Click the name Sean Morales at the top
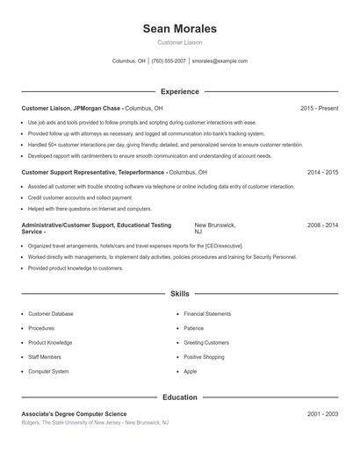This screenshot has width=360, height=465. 179,29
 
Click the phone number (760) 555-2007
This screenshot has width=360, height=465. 169,61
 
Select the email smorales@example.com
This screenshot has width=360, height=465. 220,61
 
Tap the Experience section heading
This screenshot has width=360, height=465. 179,91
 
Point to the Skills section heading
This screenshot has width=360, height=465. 179,294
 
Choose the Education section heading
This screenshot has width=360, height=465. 179,397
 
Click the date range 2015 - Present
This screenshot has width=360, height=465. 319,108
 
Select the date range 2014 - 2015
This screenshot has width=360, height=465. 322,173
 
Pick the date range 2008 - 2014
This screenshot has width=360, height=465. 322,225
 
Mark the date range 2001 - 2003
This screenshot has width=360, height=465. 322,413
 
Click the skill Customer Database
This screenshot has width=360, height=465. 51,313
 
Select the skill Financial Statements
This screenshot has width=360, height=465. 207,313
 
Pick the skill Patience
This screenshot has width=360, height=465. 193,328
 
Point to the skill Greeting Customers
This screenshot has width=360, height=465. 206,342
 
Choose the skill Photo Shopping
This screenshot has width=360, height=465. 204,357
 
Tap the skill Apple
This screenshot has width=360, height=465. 191,371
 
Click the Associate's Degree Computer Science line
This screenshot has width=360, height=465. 74,413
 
